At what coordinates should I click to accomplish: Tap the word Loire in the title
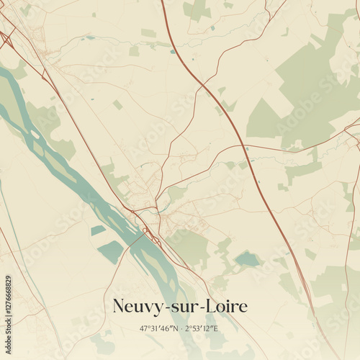pos(225,307)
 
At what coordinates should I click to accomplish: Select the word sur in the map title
pos(183,307)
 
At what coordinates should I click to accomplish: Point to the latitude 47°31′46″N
pos(160,329)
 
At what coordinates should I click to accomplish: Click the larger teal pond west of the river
pos(111,251)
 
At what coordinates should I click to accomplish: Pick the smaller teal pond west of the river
pos(98,230)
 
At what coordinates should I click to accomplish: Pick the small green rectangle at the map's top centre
pos(148,33)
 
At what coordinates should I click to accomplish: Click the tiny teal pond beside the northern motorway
pos(173,51)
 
